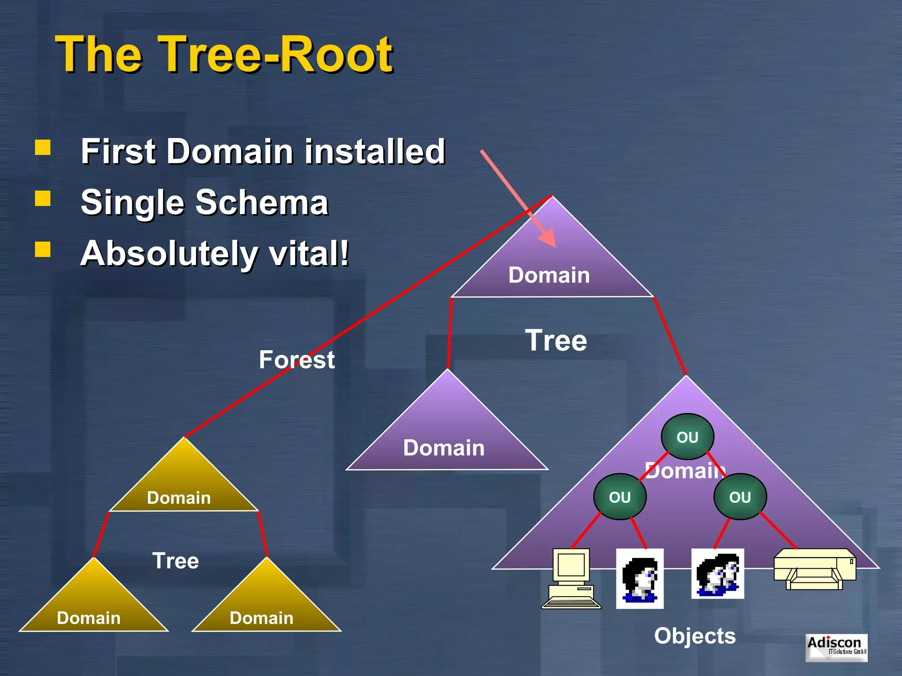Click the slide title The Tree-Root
224,55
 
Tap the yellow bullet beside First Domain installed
43,147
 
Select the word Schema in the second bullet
262,202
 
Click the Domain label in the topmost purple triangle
549,275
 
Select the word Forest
296,360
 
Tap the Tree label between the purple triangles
556,341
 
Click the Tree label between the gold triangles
175,561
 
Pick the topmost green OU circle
687,437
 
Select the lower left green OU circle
620,497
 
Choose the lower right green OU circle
740,497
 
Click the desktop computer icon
571,578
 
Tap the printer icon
815,569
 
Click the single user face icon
640,578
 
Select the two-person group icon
717,573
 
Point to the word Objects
695,636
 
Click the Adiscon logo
836,647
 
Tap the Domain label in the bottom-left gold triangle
89,618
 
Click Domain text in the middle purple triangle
444,448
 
